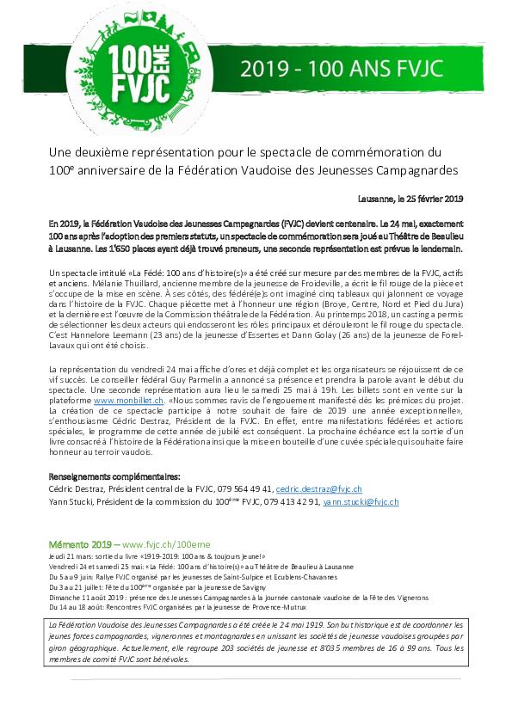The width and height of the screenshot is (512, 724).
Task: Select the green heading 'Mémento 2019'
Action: (x=53, y=544)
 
